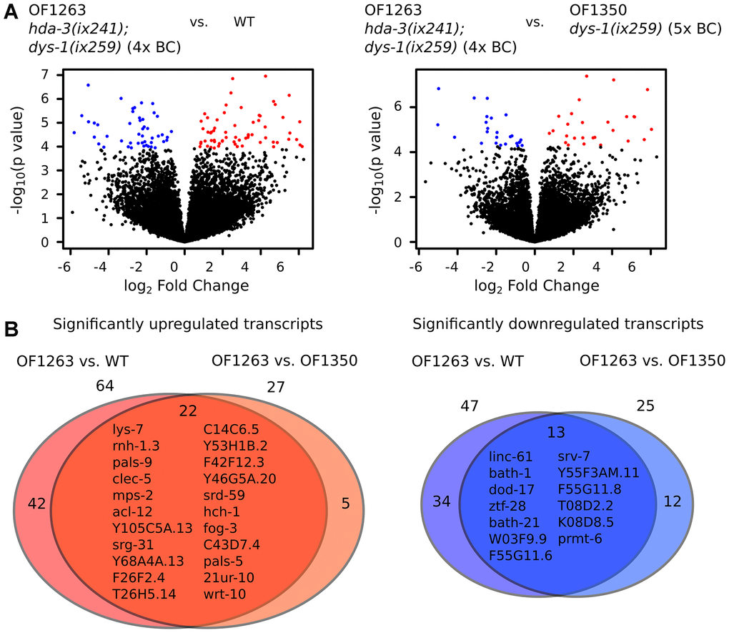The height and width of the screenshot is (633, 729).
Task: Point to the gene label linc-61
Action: (510, 456)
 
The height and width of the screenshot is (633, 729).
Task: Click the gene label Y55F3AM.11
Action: (599, 473)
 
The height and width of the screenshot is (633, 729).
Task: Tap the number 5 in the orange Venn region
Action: (345, 504)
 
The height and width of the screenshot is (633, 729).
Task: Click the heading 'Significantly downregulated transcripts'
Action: (557, 324)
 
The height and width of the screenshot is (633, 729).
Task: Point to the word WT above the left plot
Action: (244, 21)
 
